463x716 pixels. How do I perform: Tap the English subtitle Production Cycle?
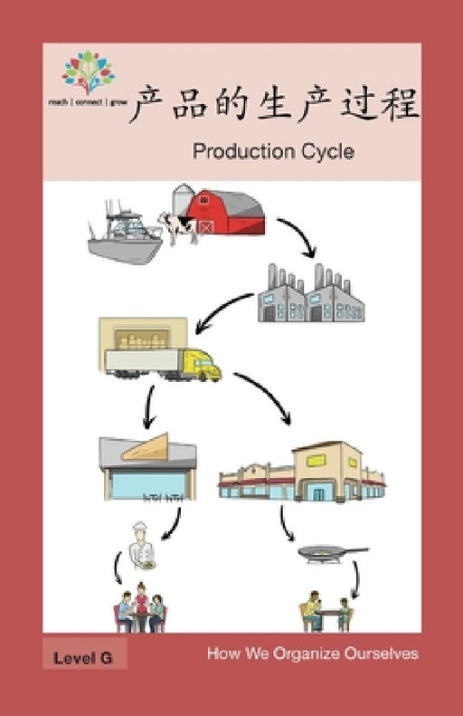pyautogui.click(x=272, y=151)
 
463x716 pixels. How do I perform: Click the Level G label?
pyautogui.click(x=82, y=658)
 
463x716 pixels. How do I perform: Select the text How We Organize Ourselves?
pyautogui.click(x=312, y=654)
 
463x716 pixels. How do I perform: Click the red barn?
pyautogui.click(x=226, y=214)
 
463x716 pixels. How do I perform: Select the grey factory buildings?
pyautogui.click(x=309, y=295)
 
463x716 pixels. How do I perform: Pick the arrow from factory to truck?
pyautogui.click(x=222, y=312)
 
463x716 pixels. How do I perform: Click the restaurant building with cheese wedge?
pyautogui.click(x=146, y=467)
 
